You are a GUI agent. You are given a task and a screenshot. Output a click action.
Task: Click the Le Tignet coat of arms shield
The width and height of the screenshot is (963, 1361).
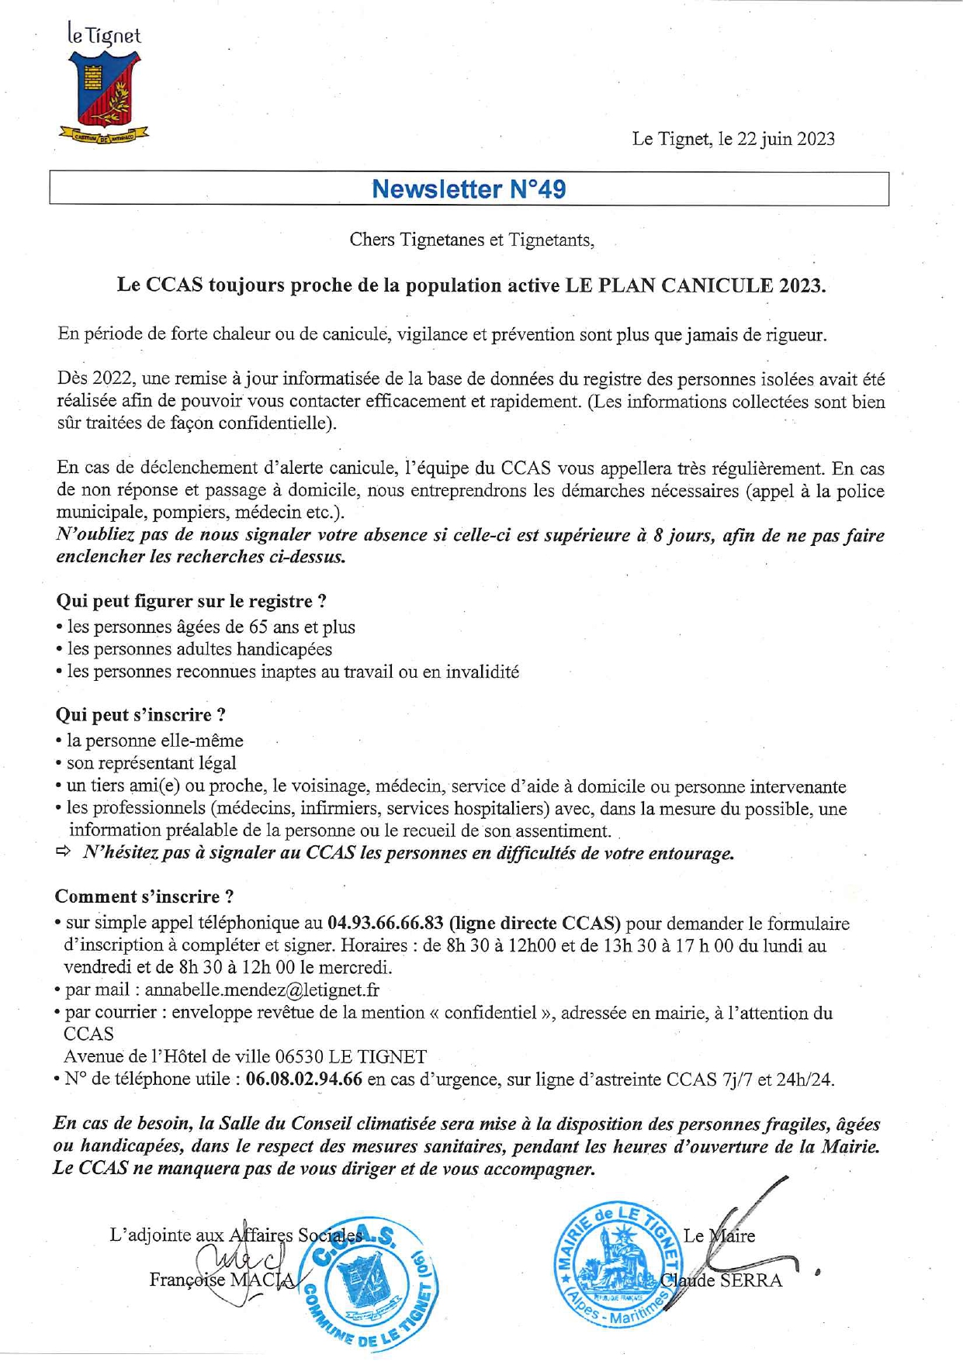coord(103,89)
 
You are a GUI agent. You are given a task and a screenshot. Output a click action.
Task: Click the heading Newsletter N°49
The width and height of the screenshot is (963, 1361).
coord(469,188)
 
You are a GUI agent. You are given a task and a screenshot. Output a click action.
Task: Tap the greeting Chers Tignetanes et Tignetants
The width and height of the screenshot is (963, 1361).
coord(471,240)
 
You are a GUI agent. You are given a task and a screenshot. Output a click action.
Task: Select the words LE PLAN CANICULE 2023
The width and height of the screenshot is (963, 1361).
coord(695,285)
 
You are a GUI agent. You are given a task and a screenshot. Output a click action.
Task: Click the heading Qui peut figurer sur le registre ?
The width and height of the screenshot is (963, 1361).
coord(191,601)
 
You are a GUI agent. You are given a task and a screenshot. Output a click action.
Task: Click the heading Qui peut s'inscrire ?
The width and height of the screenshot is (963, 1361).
coord(140,714)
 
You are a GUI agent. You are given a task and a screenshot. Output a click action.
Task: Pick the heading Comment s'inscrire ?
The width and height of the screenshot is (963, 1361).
coord(144,896)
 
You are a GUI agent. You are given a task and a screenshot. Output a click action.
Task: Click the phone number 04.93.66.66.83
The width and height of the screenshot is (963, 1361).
coord(386,923)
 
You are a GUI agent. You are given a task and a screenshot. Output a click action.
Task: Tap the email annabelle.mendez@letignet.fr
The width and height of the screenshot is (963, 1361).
coord(262,990)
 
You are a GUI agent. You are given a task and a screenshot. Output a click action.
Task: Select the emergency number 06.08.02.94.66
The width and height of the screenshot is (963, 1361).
coord(304,1079)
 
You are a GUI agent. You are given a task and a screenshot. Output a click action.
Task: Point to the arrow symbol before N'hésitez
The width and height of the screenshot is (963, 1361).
coord(63,852)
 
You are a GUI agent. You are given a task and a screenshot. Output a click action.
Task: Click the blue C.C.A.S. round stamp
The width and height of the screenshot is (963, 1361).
coord(369,1280)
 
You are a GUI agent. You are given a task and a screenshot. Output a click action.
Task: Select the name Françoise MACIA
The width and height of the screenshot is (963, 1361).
coord(222,1280)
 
